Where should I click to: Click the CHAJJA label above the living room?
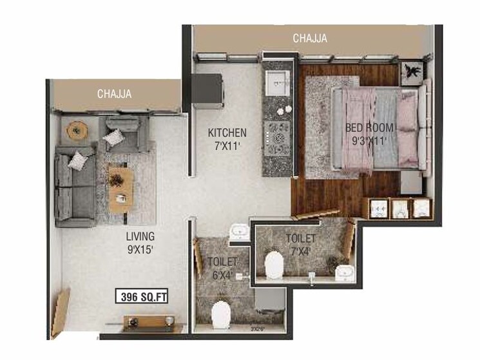point(114,94)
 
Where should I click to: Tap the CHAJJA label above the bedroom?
point(309,39)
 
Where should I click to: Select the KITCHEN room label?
point(227,133)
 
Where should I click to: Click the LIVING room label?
point(140,236)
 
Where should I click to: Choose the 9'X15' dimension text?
point(140,249)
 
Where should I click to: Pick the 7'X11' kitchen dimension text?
point(227,146)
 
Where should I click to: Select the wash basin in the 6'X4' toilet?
point(236,231)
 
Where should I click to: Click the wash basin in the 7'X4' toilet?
point(341,270)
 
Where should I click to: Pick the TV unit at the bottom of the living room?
point(148,321)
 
